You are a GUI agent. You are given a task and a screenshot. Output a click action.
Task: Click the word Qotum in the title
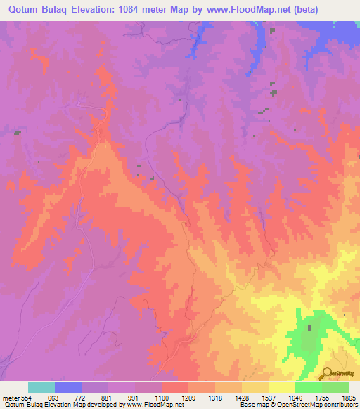pyautogui.click(x=23, y=10)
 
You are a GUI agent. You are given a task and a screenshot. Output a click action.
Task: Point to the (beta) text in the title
pyautogui.click(x=298, y=10)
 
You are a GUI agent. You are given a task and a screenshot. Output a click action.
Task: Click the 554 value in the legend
pyautogui.click(x=26, y=398)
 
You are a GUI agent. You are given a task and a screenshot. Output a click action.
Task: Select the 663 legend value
pyautogui.click(x=54, y=398)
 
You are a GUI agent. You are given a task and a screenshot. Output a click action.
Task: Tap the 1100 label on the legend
pyautogui.click(x=162, y=398)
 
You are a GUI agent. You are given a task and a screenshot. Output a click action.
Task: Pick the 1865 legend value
pyautogui.click(x=349, y=398)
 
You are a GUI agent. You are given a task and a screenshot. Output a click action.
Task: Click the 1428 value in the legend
pyautogui.click(x=242, y=398)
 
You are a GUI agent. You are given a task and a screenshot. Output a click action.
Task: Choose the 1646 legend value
pyautogui.click(x=296, y=398)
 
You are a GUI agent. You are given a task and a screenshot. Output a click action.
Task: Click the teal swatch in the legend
pyautogui.click(x=41, y=387)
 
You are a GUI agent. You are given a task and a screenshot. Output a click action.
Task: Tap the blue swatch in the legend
pyautogui.click(x=67, y=387)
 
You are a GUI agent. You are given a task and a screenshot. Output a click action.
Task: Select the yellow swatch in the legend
pyautogui.click(x=282, y=387)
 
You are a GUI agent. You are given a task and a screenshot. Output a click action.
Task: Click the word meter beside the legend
pyautogui.click(x=10, y=398)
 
